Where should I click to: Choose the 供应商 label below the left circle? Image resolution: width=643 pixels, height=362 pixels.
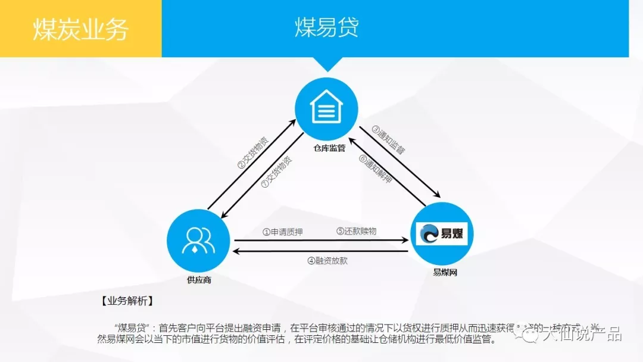[199, 279]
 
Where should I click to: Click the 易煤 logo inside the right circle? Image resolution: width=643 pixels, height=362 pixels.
[442, 234]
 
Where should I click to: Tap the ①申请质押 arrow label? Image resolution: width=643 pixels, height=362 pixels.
[283, 232]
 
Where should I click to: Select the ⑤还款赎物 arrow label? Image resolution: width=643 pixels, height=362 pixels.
[356, 231]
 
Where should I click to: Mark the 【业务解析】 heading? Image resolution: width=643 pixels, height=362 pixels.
[127, 301]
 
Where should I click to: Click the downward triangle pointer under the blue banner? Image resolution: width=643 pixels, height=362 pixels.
[327, 64]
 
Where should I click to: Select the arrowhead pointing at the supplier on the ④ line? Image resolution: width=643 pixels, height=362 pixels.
[236, 252]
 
